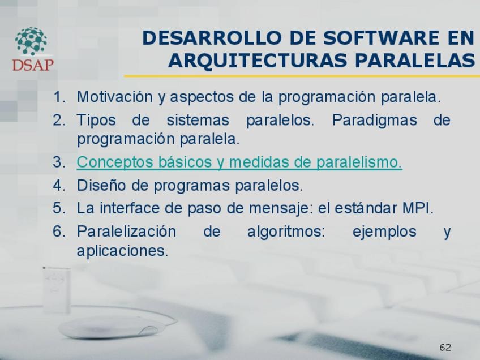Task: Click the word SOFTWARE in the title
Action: tap(381, 38)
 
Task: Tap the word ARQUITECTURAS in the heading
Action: tap(258, 61)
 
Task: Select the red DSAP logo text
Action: tap(33, 65)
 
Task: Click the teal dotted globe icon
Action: tap(31, 41)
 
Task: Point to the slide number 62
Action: tap(445, 347)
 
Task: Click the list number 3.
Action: tap(59, 162)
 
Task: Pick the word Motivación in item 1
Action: tap(115, 97)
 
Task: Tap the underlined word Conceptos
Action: tap(115, 162)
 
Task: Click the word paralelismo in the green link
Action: tap(359, 162)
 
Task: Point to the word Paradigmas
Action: tap(374, 120)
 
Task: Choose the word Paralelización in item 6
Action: tap(126, 232)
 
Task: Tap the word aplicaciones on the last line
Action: tap(122, 251)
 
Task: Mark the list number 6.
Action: tap(59, 232)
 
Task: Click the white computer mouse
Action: tap(109, 327)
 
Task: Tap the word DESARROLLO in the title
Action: tap(212, 38)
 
